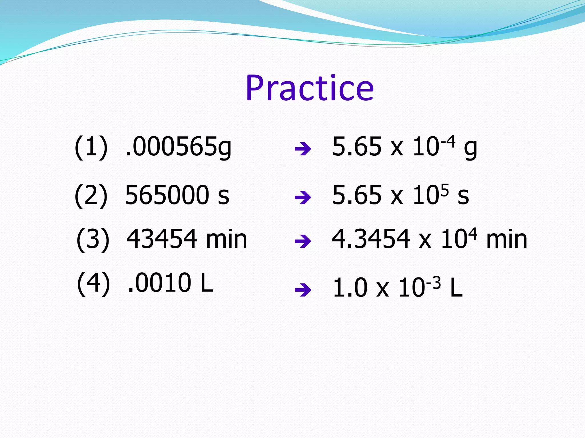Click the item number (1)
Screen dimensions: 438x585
91,147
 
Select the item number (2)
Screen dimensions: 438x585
91,196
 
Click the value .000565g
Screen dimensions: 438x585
179,147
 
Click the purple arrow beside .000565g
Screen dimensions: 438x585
303,149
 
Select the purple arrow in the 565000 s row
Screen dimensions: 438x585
303,198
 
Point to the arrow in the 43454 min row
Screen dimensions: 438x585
303,242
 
